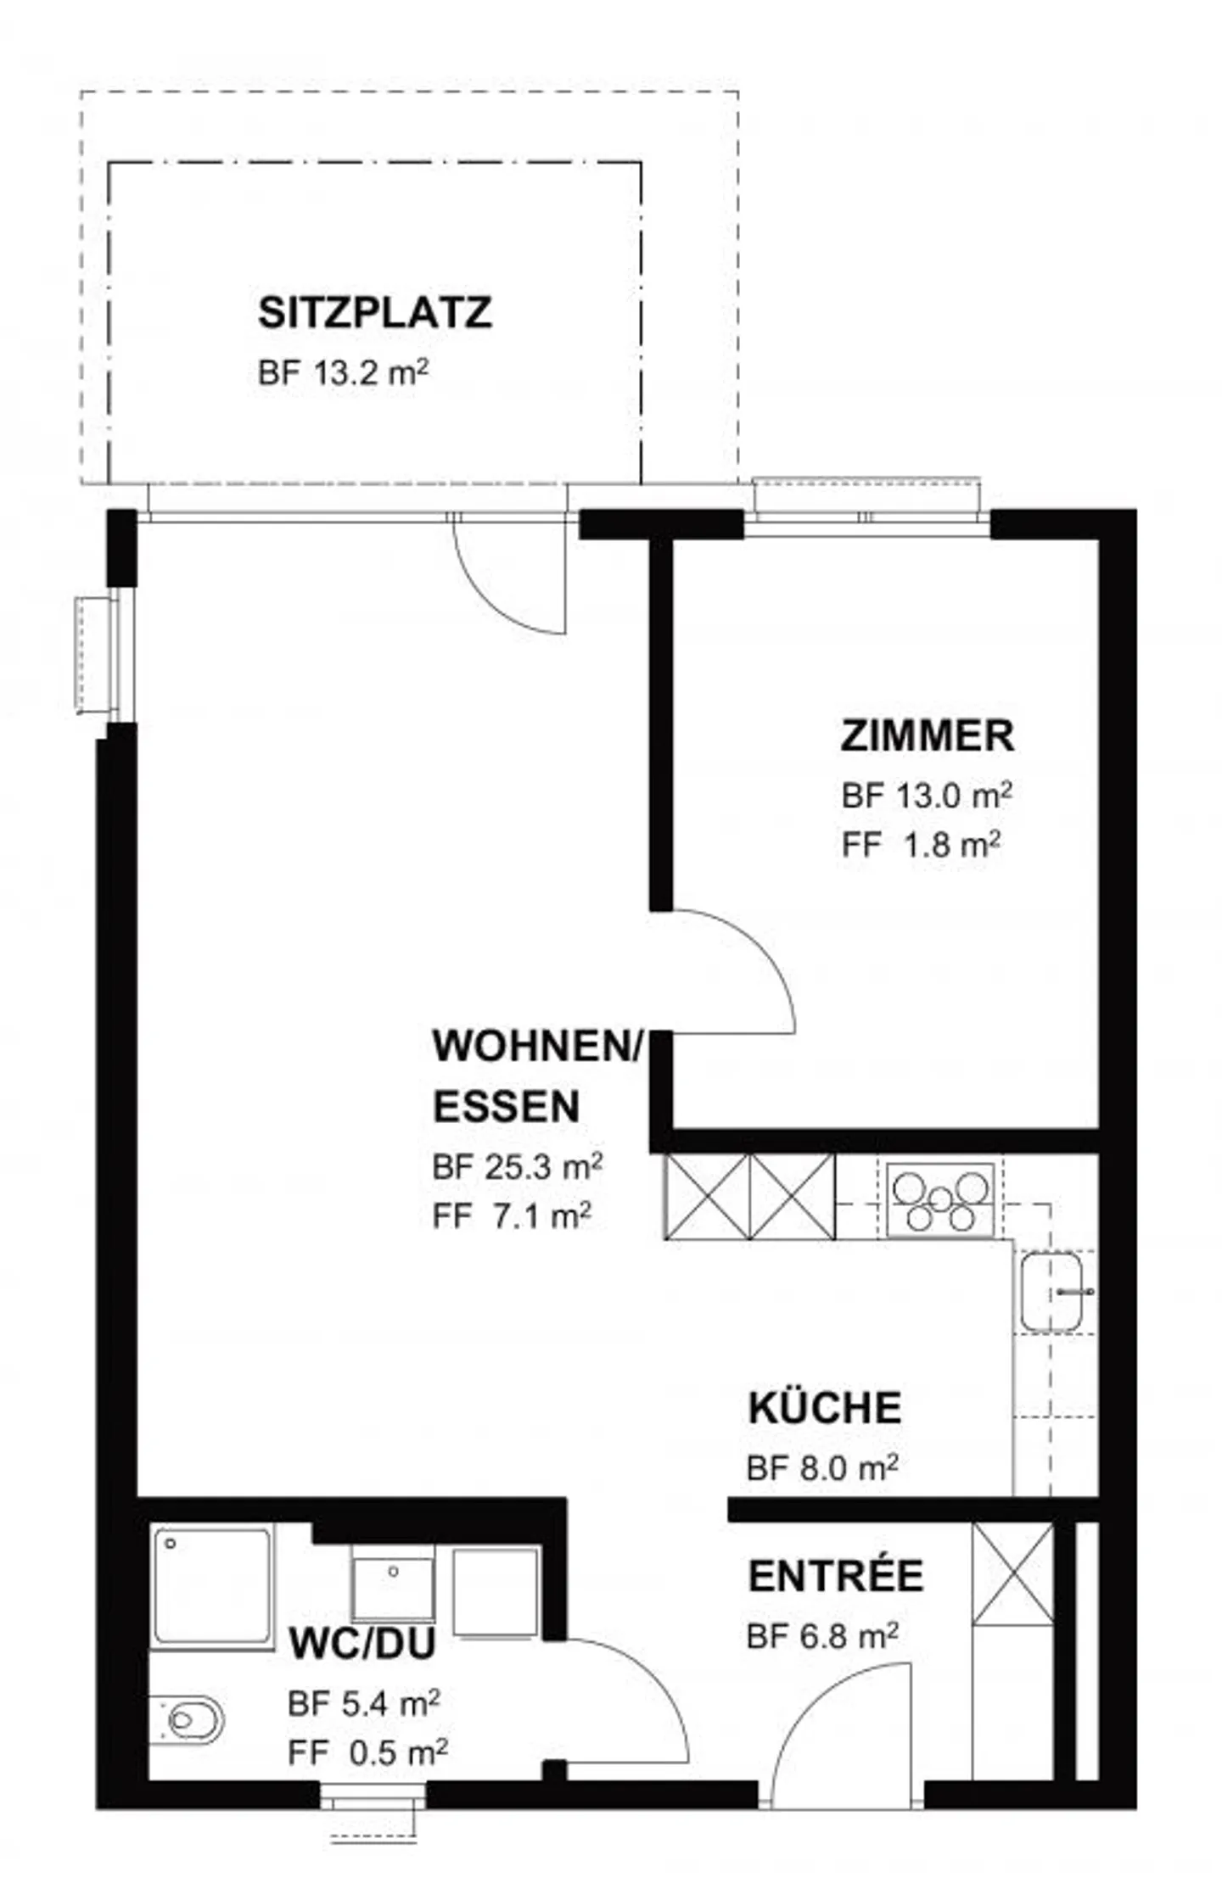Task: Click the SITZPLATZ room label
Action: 374,313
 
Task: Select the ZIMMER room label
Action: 927,735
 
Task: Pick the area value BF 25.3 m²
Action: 517,1167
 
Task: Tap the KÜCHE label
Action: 824,1409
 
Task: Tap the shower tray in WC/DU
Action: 211,1586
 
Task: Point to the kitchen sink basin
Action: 1051,1293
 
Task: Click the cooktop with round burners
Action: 940,1199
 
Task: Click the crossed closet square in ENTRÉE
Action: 1012,1573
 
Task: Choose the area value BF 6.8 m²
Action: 822,1636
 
